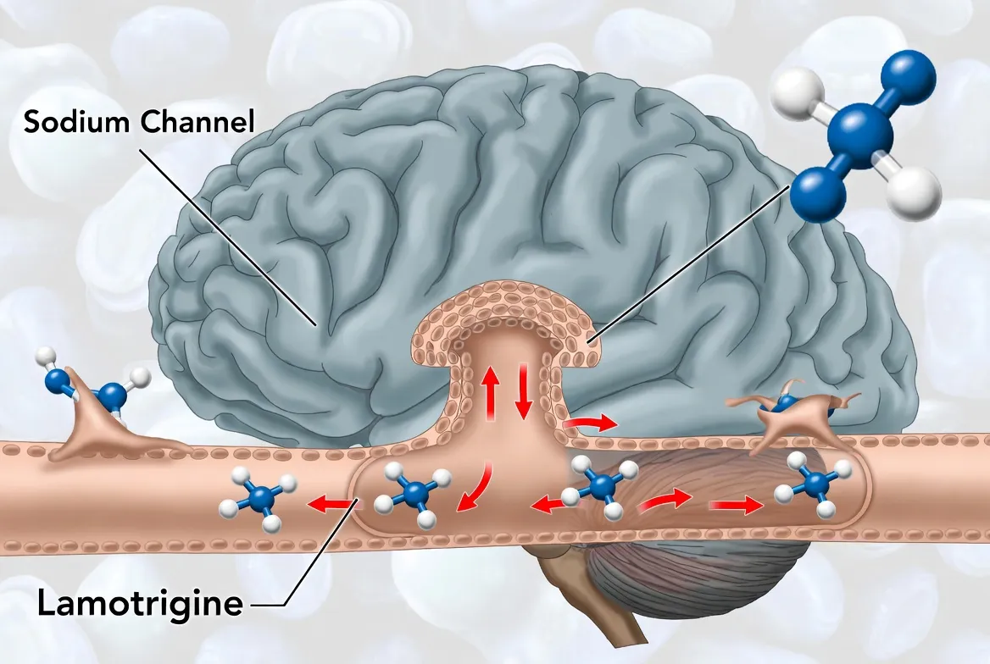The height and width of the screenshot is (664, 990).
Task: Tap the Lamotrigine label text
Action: tap(140, 604)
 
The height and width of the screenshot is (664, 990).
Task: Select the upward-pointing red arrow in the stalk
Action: tap(490, 390)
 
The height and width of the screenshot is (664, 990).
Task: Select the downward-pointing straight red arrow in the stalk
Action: tap(522, 390)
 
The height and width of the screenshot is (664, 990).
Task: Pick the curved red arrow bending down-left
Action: tap(474, 490)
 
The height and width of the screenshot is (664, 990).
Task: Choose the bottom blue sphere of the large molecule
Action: tap(817, 194)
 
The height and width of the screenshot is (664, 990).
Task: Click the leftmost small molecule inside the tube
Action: tap(258, 500)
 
